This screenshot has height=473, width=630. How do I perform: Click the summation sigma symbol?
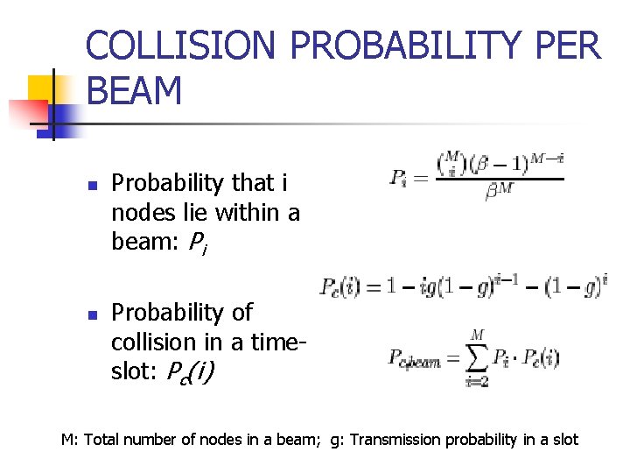pos(476,356)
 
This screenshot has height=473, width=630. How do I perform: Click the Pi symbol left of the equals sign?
pos(398,177)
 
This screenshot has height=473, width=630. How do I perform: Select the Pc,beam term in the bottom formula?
pos(414,358)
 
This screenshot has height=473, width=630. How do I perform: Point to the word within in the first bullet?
pos(246,212)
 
